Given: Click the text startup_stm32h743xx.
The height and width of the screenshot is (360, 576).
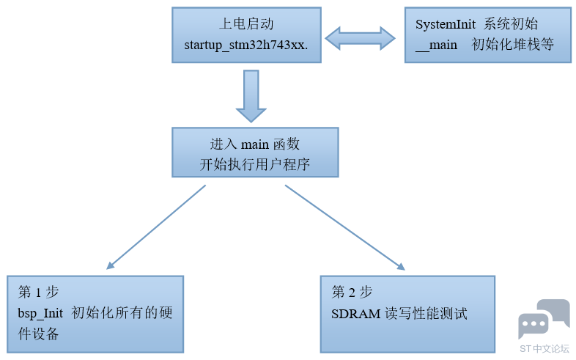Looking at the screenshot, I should click(246, 45).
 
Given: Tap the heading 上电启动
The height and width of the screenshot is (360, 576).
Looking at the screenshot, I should click(246, 24).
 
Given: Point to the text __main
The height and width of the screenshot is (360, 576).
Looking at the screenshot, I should click(436, 45).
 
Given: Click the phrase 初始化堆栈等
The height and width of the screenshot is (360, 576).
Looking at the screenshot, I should click(513, 45).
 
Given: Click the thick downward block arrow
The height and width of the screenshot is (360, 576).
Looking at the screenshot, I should click(251, 95).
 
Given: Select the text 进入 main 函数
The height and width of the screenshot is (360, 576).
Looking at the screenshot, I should click(255, 144).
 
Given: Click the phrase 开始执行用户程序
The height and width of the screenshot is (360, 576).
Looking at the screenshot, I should click(255, 164).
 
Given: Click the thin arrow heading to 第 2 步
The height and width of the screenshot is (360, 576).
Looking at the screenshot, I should click(344, 227).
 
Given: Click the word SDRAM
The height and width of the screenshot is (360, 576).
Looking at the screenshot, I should click(356, 314).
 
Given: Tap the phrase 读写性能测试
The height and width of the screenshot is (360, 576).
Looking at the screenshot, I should click(426, 314).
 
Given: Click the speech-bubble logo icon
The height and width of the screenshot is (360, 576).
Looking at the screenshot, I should click(543, 319).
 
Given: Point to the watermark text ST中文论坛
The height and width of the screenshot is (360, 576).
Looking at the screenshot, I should click(544, 349).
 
